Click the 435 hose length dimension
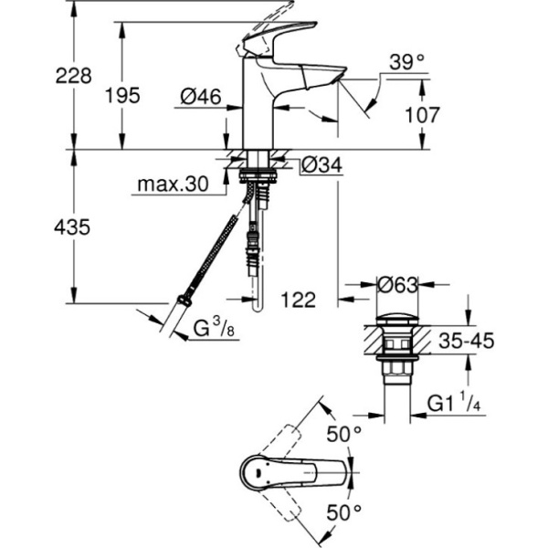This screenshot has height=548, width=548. [72, 227]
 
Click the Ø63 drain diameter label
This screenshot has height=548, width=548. [397, 284]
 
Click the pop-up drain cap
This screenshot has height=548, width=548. [397, 321]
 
